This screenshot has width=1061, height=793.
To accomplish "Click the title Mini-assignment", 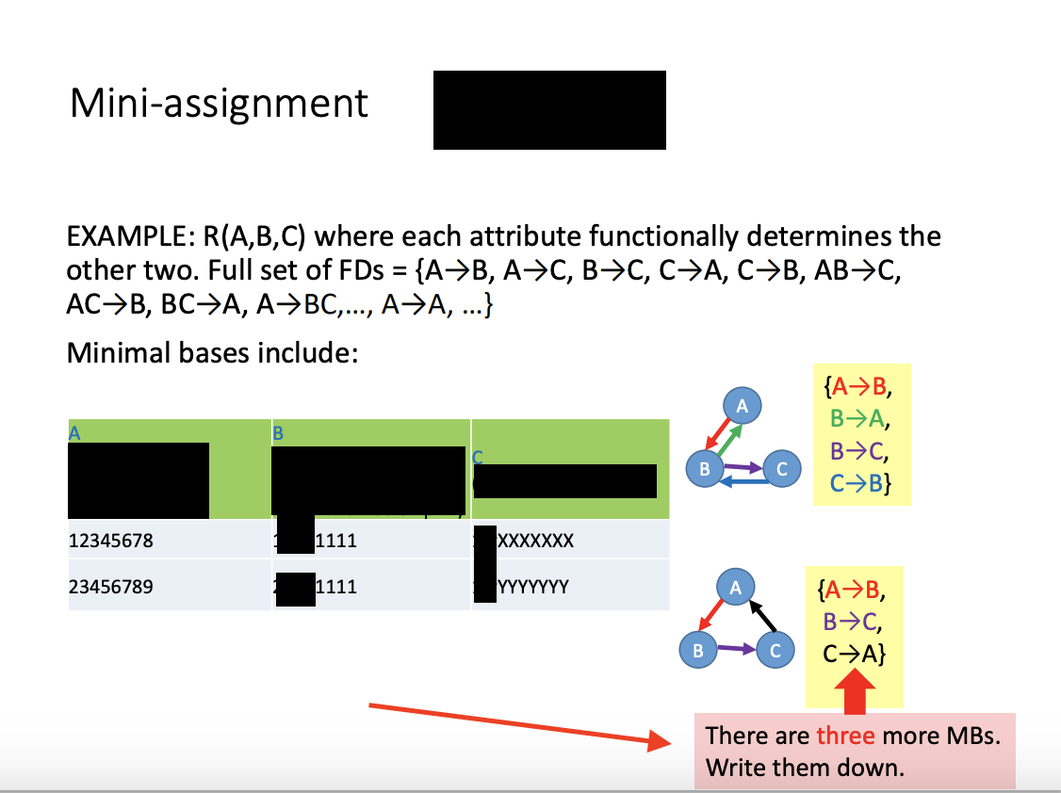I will pyautogui.click(x=219, y=104).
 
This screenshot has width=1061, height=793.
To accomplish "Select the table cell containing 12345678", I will pyautogui.click(x=110, y=541).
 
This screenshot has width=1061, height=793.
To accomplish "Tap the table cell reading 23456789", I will pyautogui.click(x=110, y=586).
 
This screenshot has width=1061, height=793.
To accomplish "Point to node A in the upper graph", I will pyautogui.click(x=742, y=406).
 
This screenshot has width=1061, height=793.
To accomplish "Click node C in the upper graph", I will pyautogui.click(x=781, y=468).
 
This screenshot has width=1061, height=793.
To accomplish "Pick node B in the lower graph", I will pyautogui.click(x=698, y=649).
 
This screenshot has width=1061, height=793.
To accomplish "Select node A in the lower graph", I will pyautogui.click(x=736, y=587).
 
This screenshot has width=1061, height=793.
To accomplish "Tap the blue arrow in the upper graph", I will pyautogui.click(x=743, y=481).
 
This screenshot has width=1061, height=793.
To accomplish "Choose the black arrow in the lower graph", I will pyautogui.click(x=762, y=616).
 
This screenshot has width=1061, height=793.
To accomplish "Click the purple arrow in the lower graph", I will pyautogui.click(x=737, y=648).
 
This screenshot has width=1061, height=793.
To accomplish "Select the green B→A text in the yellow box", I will pyautogui.click(x=861, y=418).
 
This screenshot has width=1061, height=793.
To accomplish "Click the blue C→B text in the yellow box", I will pyautogui.click(x=861, y=483).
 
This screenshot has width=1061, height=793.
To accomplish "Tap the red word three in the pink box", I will pyautogui.click(x=845, y=736).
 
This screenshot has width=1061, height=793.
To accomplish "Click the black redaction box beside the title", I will pyautogui.click(x=549, y=109).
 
